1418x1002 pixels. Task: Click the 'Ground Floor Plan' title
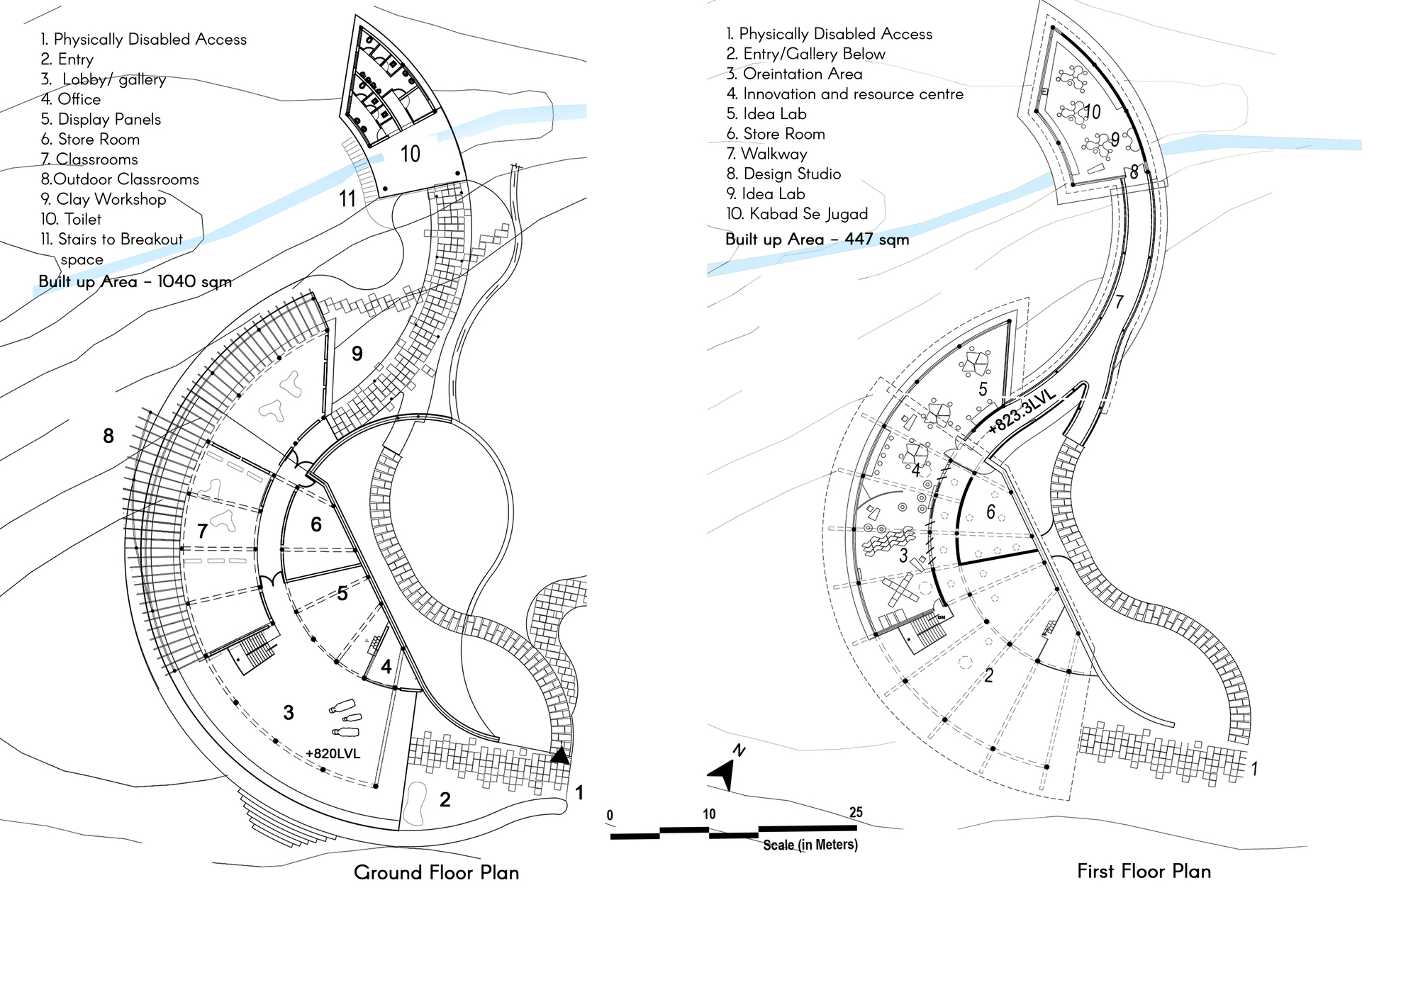(x=436, y=872)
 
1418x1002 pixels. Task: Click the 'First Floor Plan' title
(x=1144, y=871)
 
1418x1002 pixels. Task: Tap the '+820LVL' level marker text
(x=333, y=753)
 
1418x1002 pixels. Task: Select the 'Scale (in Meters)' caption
(x=810, y=845)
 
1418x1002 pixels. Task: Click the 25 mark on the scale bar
(x=856, y=812)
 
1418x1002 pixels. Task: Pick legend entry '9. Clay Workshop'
(x=104, y=199)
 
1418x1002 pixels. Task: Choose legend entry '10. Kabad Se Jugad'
(x=797, y=213)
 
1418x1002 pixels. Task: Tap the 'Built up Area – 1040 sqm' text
(x=135, y=281)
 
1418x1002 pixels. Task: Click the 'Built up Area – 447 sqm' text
(x=817, y=240)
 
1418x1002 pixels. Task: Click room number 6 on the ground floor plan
(x=316, y=524)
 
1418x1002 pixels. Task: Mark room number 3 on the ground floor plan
(x=289, y=712)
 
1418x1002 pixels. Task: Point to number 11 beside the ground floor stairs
(x=347, y=199)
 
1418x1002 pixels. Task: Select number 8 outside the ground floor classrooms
(x=108, y=436)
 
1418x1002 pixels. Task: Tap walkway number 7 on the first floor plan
(x=1119, y=302)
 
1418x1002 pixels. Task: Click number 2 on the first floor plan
(x=988, y=675)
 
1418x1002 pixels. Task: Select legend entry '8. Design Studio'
(x=783, y=174)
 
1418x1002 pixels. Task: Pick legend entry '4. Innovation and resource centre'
(x=844, y=94)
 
